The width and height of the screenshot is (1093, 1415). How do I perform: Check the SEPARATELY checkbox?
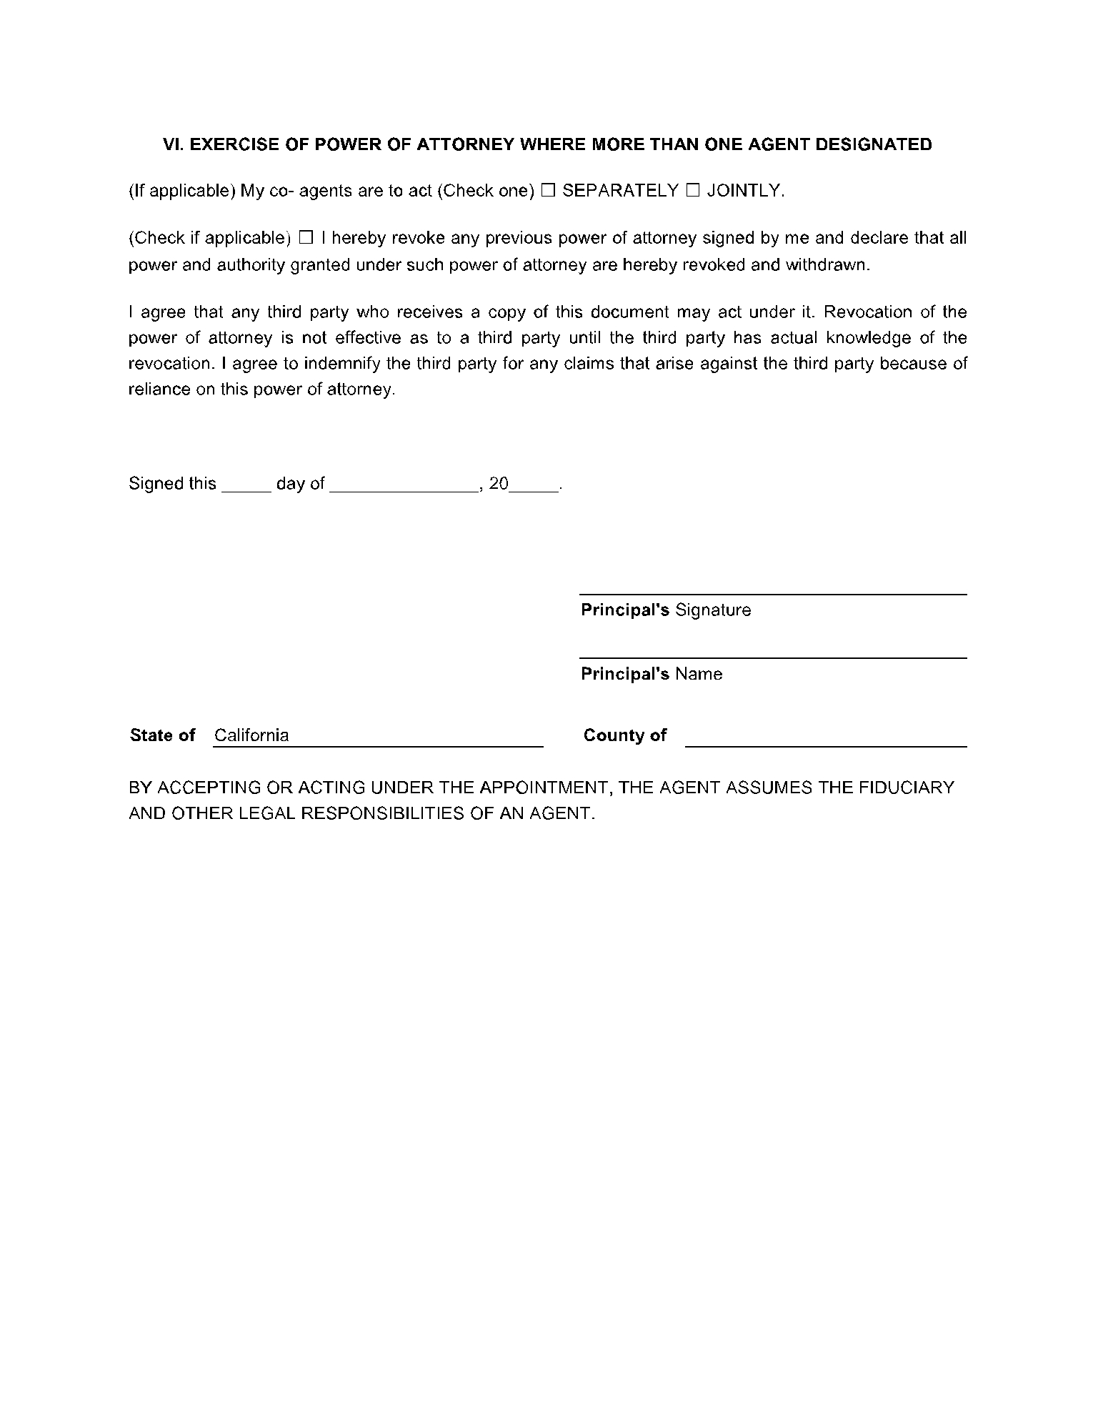pyautogui.click(x=548, y=191)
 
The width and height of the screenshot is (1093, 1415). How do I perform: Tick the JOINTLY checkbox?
pyautogui.click(x=692, y=191)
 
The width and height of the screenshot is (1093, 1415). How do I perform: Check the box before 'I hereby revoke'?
pyautogui.click(x=306, y=237)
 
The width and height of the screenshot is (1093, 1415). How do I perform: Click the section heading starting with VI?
pyautogui.click(x=547, y=144)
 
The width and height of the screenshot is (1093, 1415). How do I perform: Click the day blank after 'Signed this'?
pyautogui.click(x=246, y=485)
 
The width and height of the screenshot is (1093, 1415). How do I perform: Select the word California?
pyautogui.click(x=251, y=735)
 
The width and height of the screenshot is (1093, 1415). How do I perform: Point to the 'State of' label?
pyautogui.click(x=162, y=735)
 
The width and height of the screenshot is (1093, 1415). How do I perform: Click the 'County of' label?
pyautogui.click(x=624, y=735)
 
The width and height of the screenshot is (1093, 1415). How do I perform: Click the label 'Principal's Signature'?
pyautogui.click(x=666, y=610)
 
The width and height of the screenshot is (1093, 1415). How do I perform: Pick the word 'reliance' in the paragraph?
pyautogui.click(x=159, y=389)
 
